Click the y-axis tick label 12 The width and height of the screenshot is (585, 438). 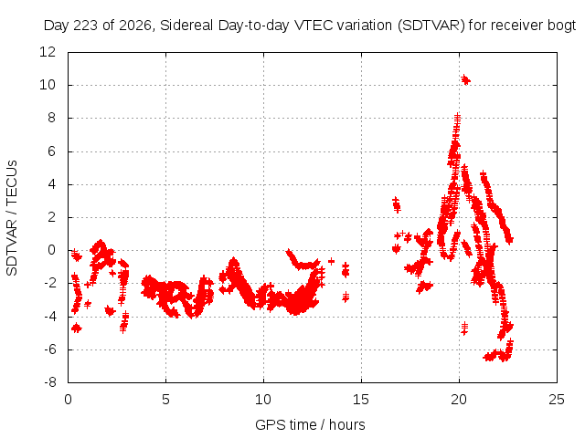point(48,52)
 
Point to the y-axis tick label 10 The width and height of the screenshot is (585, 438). point(48,85)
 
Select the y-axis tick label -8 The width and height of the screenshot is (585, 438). point(49,382)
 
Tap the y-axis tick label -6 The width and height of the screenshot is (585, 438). point(49,349)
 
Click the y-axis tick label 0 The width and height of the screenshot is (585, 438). point(51,250)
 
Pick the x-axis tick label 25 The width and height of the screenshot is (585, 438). point(557,400)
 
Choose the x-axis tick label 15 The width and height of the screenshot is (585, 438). point(361,400)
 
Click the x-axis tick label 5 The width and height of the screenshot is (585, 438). point(165,400)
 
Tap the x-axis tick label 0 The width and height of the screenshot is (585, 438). point(68,400)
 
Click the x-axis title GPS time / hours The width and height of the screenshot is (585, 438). point(310,424)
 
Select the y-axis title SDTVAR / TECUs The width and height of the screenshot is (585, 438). point(12,218)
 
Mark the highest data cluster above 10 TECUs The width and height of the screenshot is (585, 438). point(465,79)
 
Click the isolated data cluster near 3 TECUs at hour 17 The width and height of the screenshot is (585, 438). point(396,204)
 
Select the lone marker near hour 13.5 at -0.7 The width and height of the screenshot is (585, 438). point(331,261)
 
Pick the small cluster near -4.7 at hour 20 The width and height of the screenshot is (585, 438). point(464,328)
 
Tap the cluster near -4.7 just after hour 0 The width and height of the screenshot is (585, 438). point(77,328)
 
